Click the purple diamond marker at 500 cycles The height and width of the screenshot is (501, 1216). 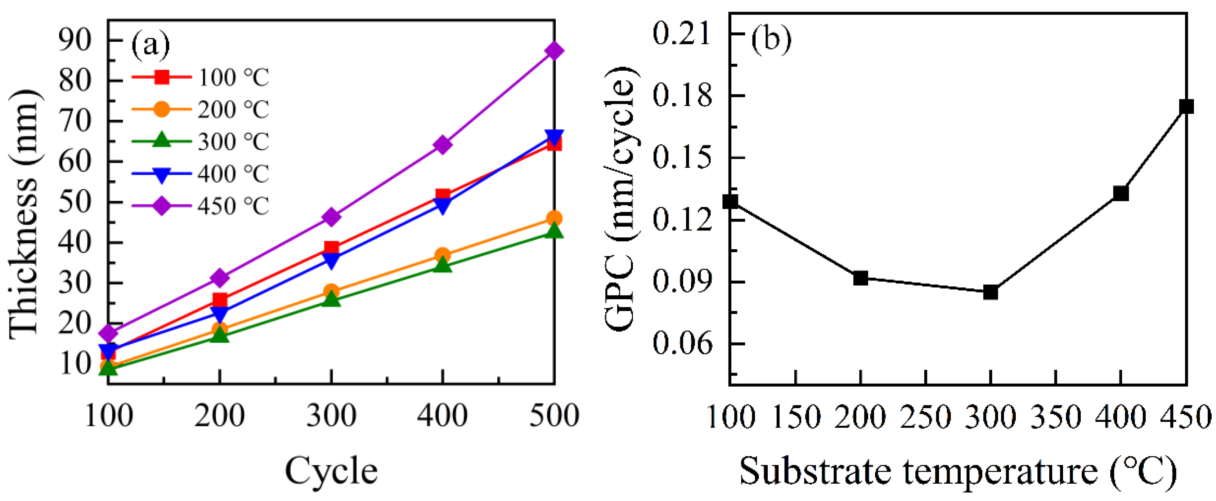(x=554, y=50)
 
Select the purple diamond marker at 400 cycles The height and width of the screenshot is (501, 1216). (x=442, y=144)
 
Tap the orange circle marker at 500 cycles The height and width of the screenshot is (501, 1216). (x=554, y=218)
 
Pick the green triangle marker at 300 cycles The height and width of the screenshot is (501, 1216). (x=331, y=299)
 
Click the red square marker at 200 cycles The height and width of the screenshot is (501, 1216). (x=220, y=300)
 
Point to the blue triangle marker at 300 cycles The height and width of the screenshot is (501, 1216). (x=331, y=260)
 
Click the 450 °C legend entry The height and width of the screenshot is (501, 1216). (x=201, y=206)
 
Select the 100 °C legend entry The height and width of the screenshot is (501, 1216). (x=201, y=77)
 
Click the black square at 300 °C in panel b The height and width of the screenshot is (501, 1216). (x=990, y=292)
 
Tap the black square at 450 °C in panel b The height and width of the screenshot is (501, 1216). (x=1186, y=107)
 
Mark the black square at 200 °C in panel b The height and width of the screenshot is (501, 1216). (x=861, y=278)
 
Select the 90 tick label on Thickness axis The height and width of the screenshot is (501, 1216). (x=75, y=40)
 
